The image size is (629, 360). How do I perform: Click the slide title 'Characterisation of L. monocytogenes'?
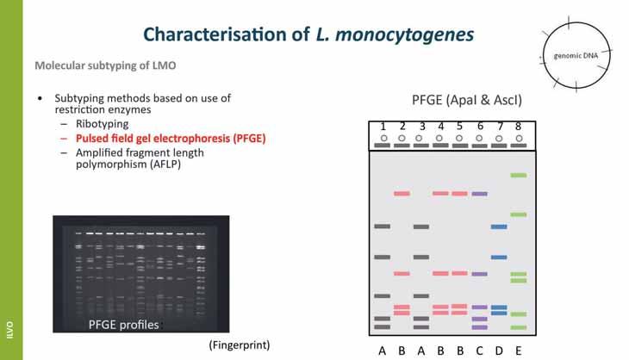(x=308, y=34)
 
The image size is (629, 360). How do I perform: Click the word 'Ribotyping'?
(x=103, y=124)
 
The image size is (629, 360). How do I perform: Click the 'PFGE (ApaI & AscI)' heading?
(x=466, y=101)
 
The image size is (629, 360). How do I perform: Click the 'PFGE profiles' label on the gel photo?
(x=124, y=325)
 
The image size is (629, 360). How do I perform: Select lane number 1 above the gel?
(x=383, y=127)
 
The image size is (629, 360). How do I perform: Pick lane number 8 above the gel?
(x=518, y=127)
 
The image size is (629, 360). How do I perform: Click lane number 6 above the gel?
(x=480, y=127)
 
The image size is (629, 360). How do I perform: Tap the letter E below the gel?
(x=518, y=351)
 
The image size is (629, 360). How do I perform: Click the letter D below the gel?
(x=499, y=351)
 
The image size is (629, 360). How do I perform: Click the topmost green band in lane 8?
(x=518, y=176)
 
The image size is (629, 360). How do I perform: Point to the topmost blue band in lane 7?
(x=499, y=227)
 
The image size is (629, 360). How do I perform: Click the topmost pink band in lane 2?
(x=402, y=194)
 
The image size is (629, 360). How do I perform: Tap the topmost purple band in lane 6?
(x=480, y=194)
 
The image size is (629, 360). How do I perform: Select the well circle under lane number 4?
(x=439, y=138)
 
